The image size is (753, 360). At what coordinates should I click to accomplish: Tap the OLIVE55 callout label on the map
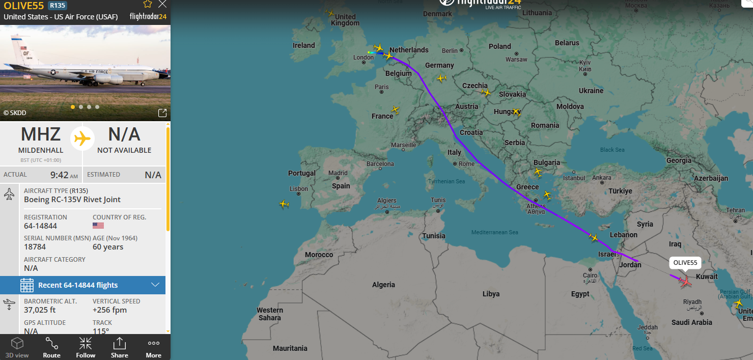(x=685, y=263)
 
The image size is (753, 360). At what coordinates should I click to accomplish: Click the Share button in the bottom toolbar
(x=119, y=347)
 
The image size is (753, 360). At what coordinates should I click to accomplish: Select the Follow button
(x=86, y=347)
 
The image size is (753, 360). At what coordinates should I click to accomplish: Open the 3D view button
(x=17, y=347)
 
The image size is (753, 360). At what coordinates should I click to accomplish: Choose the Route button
(x=51, y=347)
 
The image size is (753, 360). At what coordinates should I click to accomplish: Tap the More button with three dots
(x=153, y=347)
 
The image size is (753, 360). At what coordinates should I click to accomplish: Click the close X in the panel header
(x=162, y=5)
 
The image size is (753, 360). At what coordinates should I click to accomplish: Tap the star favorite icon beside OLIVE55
(x=148, y=5)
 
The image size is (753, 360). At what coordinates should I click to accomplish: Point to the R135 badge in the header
(x=57, y=6)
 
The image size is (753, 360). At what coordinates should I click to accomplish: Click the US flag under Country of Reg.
(x=98, y=226)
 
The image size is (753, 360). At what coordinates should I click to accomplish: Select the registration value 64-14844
(x=40, y=226)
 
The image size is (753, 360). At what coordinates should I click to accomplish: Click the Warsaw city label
(x=516, y=59)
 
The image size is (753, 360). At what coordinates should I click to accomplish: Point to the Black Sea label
(x=612, y=150)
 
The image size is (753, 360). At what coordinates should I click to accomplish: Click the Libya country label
(x=491, y=294)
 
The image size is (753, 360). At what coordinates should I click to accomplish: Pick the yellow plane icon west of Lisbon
(x=284, y=204)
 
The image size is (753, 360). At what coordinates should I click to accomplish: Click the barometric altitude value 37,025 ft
(x=40, y=310)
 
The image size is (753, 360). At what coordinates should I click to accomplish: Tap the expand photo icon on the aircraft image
(x=162, y=113)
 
